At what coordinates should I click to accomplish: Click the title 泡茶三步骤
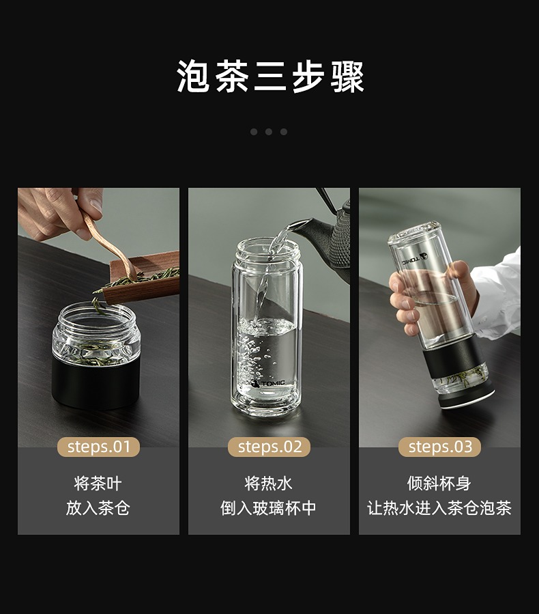click(x=270, y=76)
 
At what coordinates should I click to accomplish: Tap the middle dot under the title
click(x=269, y=132)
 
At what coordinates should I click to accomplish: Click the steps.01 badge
click(x=98, y=447)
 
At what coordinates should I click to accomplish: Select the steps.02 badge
click(x=269, y=447)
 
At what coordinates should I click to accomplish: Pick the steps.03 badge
click(x=439, y=447)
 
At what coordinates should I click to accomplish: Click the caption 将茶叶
click(x=98, y=484)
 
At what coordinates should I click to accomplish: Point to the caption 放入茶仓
click(x=98, y=508)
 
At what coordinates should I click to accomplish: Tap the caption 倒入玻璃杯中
click(x=268, y=508)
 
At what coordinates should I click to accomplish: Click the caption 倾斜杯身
click(x=439, y=484)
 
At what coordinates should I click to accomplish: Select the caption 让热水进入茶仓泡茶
click(x=439, y=508)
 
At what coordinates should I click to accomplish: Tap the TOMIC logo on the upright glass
click(x=268, y=382)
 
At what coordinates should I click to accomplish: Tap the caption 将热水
click(x=268, y=484)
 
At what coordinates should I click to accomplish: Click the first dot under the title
click(x=254, y=132)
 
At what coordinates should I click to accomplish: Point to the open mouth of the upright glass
click(x=268, y=247)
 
